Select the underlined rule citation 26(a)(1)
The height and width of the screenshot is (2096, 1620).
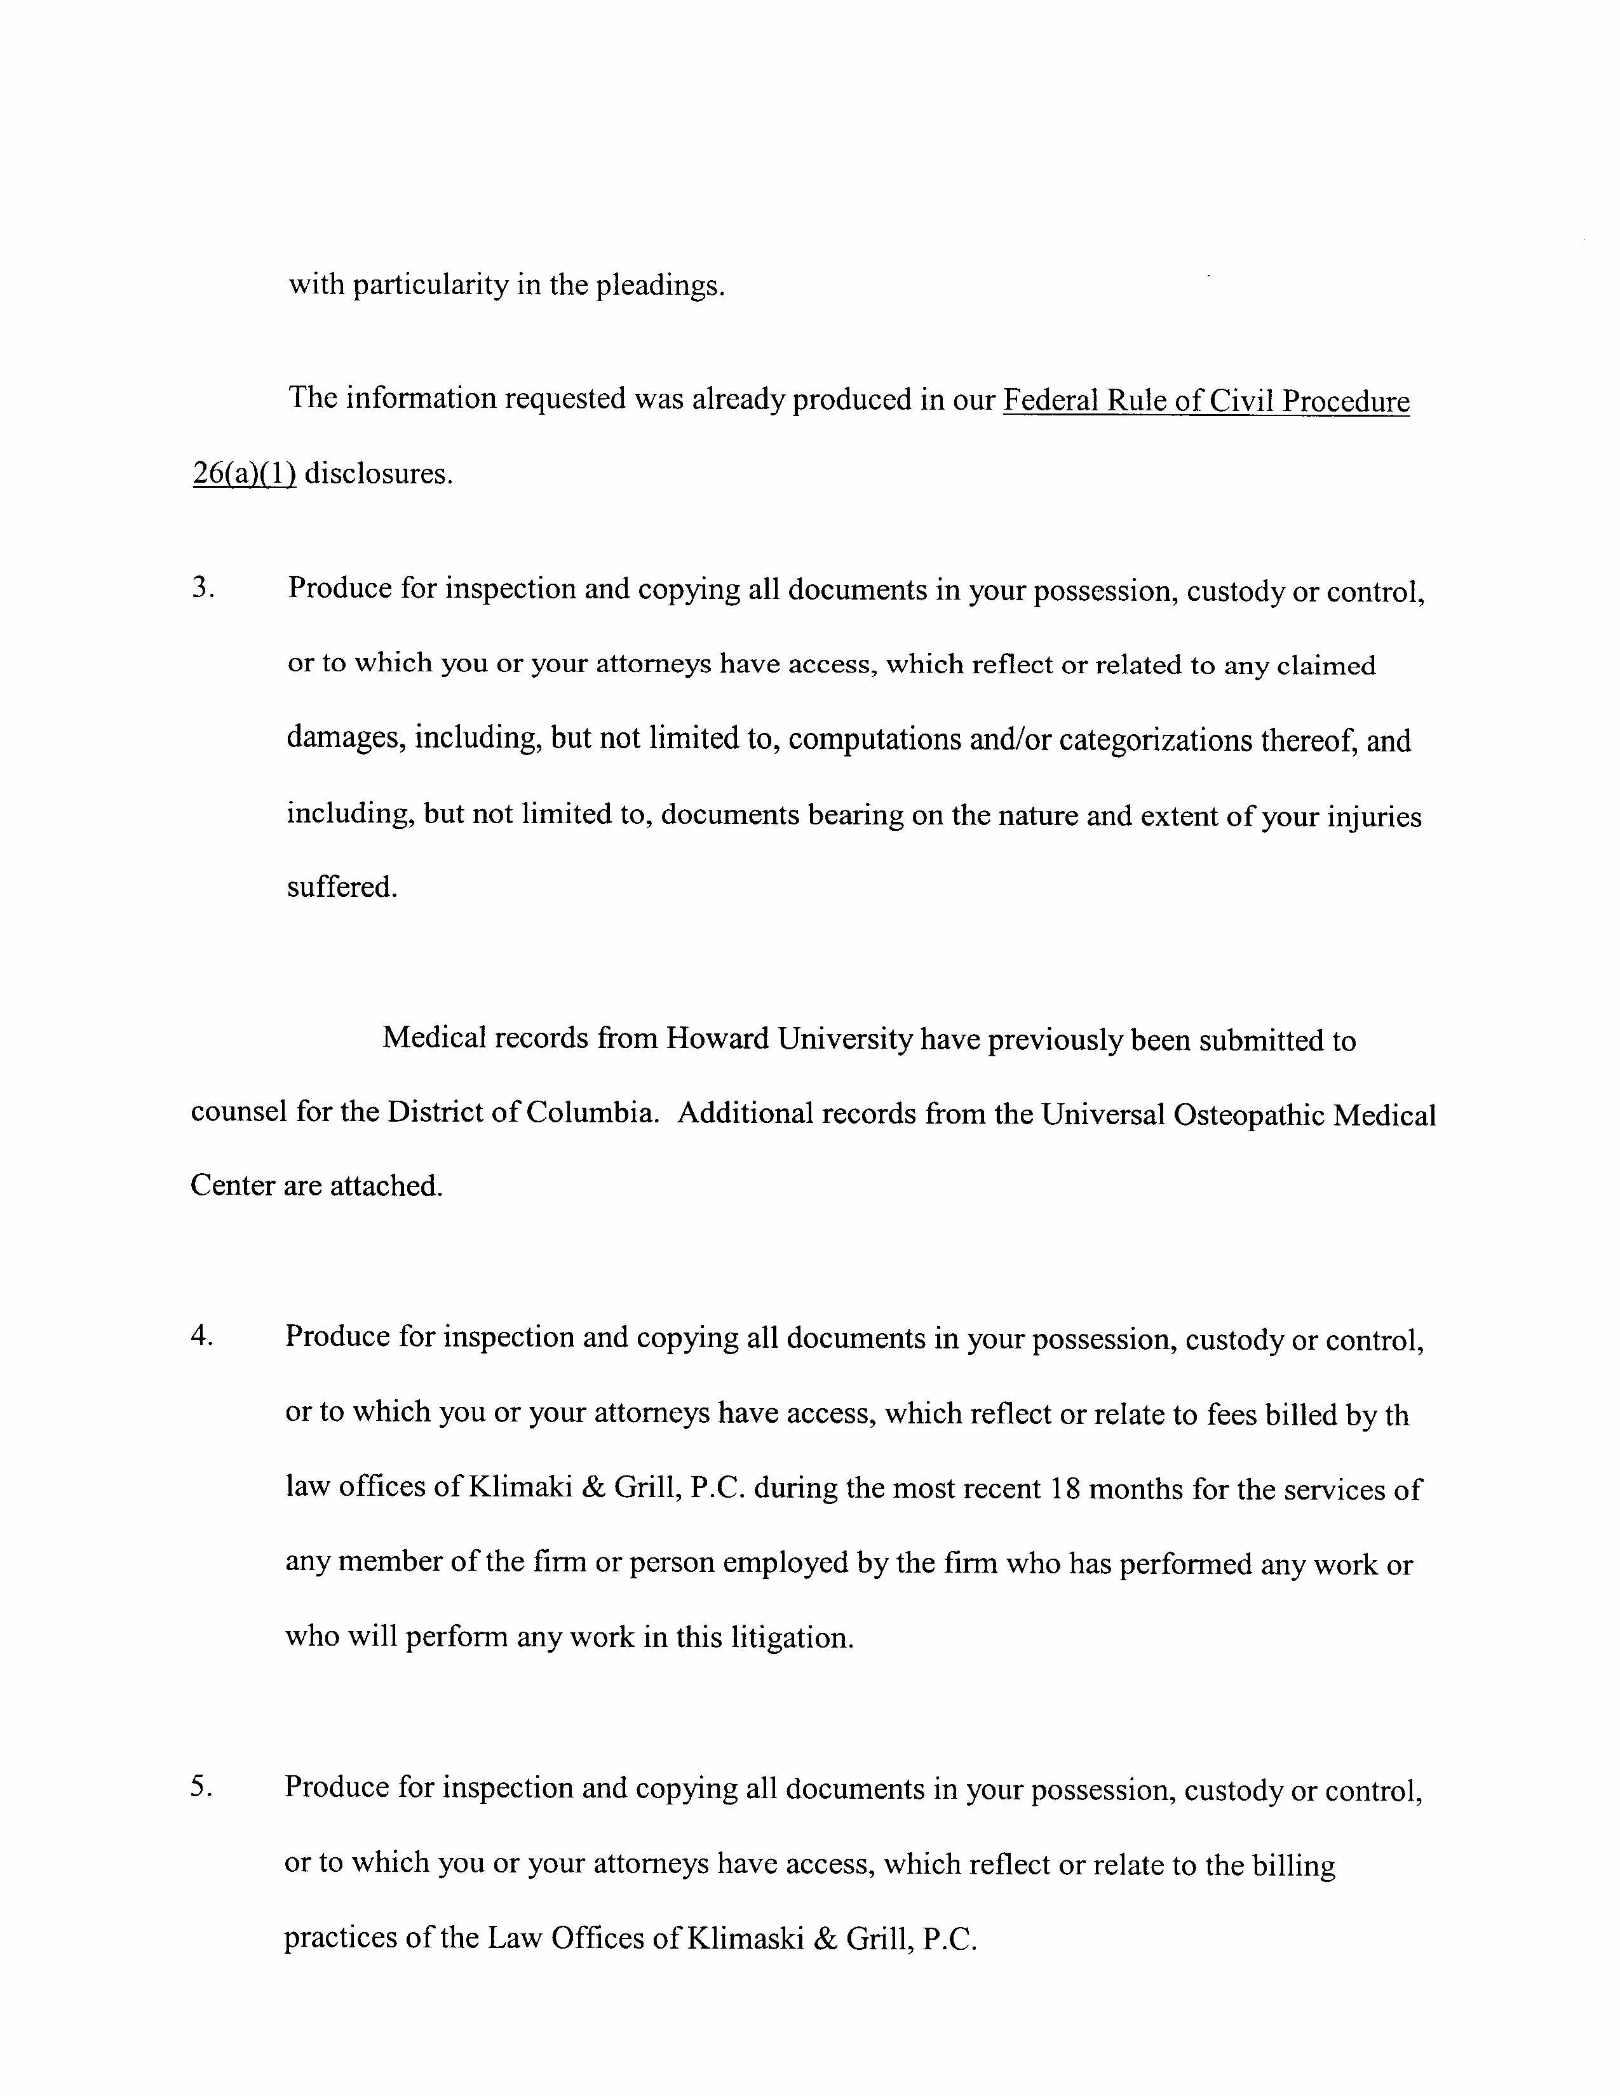pyautogui.click(x=244, y=474)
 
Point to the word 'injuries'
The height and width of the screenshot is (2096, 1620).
pyautogui.click(x=1374, y=816)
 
